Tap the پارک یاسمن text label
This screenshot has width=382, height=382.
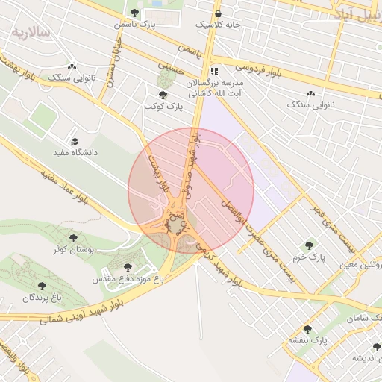134,25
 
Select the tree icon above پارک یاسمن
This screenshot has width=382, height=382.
134,13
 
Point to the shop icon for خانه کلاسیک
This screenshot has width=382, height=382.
218,13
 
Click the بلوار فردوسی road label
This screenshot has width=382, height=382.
246,70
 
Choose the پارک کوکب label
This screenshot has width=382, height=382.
163,107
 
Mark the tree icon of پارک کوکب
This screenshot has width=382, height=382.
163,95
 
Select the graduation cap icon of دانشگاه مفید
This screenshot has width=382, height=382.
74,141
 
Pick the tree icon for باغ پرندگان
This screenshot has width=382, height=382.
40,286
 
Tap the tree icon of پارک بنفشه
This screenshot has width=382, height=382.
307,329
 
